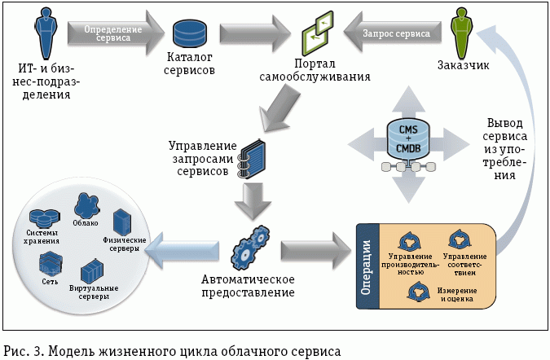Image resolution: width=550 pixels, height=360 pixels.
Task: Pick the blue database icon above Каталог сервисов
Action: coord(190,33)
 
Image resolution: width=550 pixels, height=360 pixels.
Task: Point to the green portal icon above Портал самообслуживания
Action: coord(319,34)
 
